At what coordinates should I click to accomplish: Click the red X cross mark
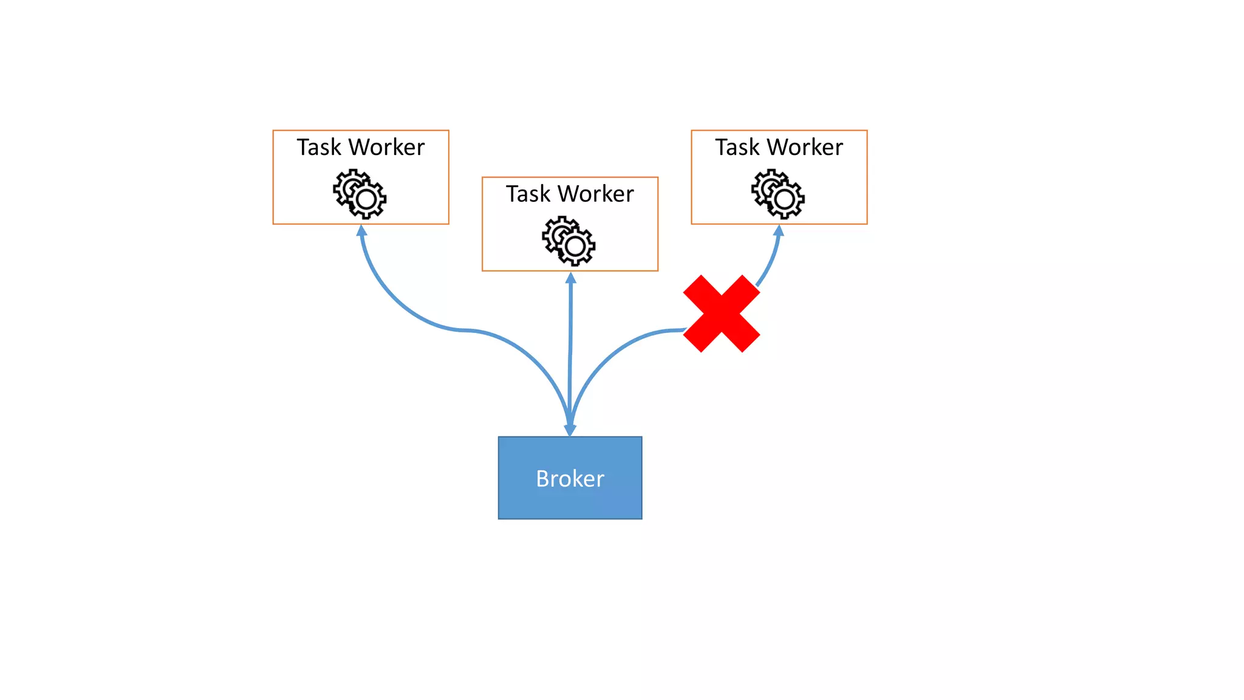click(721, 314)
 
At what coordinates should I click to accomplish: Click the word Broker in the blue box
click(570, 479)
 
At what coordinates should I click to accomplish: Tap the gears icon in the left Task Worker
click(360, 194)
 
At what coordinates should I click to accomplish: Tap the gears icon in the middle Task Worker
click(569, 241)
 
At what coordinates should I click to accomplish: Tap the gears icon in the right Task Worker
click(778, 194)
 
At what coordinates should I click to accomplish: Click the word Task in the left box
click(318, 148)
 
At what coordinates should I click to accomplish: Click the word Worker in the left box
click(386, 148)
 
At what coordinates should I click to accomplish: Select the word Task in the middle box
click(527, 194)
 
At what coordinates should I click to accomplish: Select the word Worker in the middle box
click(596, 194)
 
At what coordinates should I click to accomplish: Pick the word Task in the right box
click(737, 148)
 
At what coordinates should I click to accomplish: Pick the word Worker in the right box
click(805, 148)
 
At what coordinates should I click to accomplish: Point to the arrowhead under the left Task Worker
click(361, 231)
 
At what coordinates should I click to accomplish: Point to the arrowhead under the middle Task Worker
click(570, 278)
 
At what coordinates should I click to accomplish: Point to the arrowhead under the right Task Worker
click(779, 231)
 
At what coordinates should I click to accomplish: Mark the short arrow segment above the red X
click(770, 261)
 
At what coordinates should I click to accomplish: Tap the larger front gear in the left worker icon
click(366, 199)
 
